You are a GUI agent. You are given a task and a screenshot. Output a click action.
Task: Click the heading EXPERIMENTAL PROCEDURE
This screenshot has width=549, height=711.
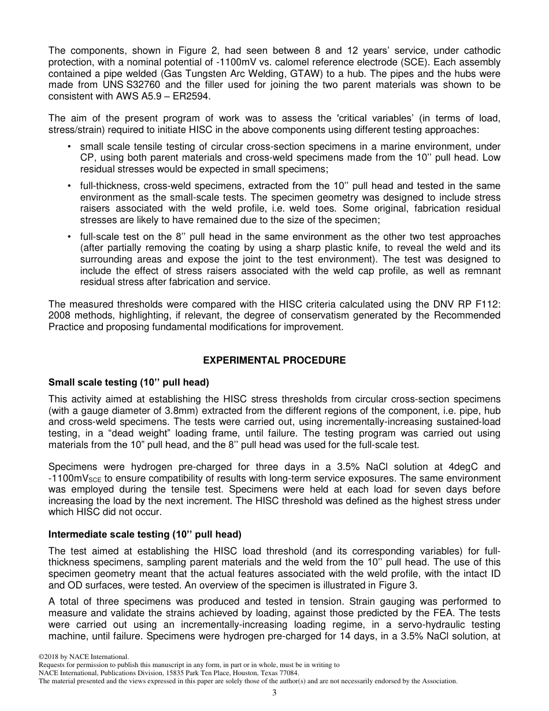[x=274, y=361]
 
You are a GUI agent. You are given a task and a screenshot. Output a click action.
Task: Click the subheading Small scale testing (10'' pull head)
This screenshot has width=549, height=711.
[x=128, y=383]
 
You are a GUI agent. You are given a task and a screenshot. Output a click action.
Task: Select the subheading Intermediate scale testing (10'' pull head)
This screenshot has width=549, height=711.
[x=144, y=534]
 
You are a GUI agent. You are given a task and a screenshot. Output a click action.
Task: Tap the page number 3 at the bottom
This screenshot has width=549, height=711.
[x=274, y=693]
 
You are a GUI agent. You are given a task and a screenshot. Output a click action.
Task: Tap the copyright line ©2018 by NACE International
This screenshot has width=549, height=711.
[x=79, y=657]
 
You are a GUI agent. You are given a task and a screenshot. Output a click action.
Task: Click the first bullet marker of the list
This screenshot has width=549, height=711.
[x=70, y=147]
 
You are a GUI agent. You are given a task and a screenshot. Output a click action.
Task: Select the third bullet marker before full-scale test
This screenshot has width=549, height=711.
[x=70, y=237]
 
